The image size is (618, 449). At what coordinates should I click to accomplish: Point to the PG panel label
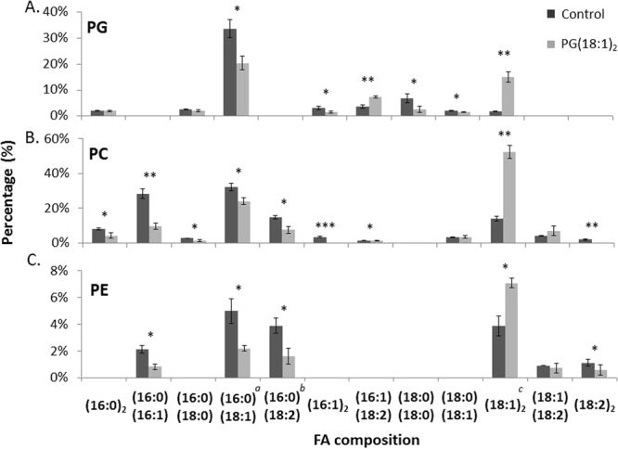pos(97,28)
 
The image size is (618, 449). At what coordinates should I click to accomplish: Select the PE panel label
pos(97,291)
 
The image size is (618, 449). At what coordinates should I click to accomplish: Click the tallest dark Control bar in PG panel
pos(229,72)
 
